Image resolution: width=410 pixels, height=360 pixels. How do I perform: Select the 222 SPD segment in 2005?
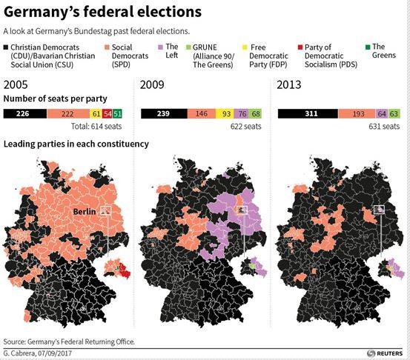click(68, 113)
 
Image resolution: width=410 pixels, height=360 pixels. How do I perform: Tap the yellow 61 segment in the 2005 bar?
click(96, 113)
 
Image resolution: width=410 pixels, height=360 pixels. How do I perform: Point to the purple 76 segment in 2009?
click(243, 113)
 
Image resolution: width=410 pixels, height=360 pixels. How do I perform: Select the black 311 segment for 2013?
click(307, 113)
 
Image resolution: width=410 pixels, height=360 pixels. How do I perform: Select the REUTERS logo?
click(383, 353)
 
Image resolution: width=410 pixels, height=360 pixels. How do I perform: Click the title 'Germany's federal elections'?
click(102, 13)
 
